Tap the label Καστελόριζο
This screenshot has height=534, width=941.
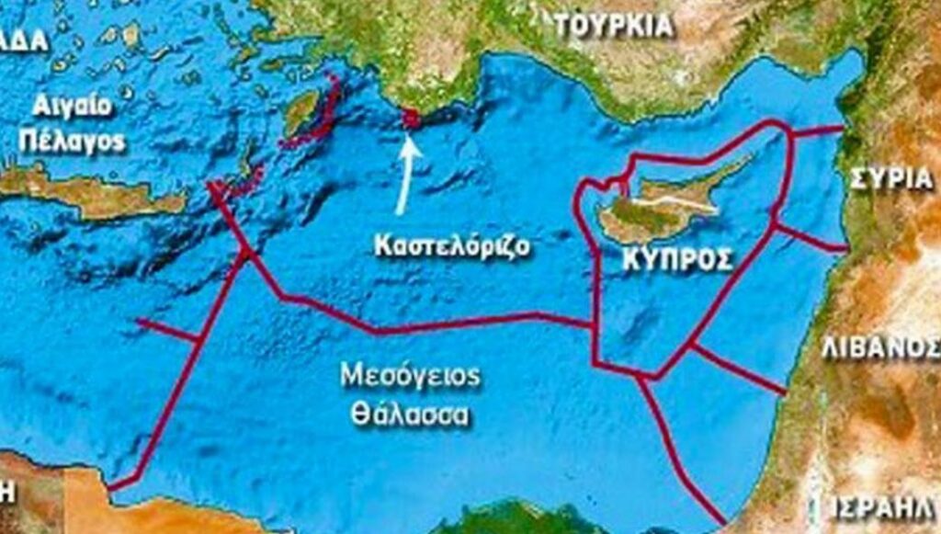(x=452, y=246)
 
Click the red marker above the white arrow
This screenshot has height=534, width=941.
(x=410, y=117)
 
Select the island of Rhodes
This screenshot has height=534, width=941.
(x=300, y=114)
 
